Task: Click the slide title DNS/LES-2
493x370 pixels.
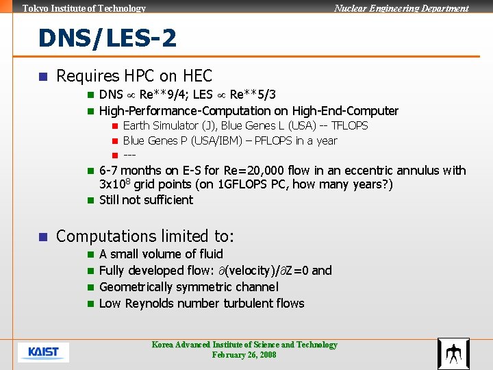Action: [108, 38]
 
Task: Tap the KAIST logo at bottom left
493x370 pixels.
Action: [43, 352]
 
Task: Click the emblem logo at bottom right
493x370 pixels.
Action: [453, 354]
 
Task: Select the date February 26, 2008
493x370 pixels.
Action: [244, 355]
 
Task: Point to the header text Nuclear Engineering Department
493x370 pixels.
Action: [401, 8]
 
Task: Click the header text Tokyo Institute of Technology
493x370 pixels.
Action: [84, 8]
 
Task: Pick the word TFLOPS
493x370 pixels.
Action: [349, 125]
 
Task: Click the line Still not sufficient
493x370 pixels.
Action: [146, 200]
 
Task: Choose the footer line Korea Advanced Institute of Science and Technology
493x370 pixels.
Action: [244, 345]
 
